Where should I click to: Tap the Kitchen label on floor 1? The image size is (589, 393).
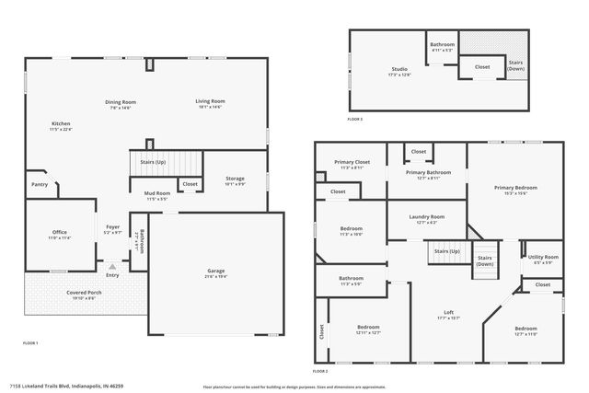point(61,123)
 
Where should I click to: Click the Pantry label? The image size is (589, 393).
point(40,184)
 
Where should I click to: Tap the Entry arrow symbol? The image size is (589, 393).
point(112,266)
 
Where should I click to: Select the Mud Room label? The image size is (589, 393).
point(156,193)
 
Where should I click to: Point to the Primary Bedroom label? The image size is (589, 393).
point(514,188)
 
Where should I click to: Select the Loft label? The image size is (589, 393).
point(448,313)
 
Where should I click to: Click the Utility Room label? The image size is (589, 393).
point(543,257)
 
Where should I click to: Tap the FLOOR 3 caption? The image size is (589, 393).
point(355,120)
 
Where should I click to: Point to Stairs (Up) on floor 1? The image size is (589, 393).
point(153,161)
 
